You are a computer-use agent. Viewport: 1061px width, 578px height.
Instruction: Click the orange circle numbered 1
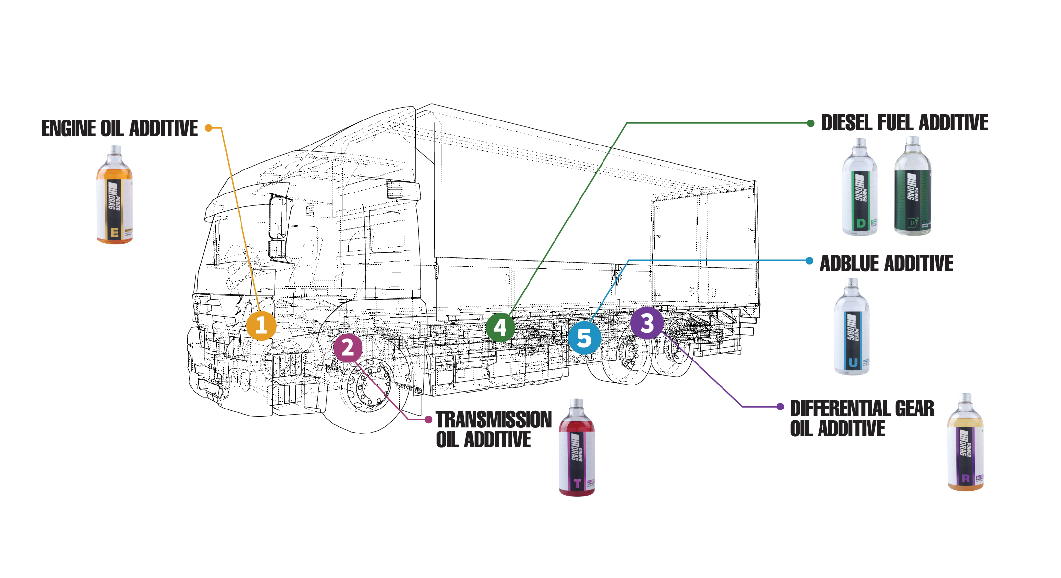[x=261, y=325]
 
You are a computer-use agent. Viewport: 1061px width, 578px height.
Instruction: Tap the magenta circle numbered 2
[x=348, y=348]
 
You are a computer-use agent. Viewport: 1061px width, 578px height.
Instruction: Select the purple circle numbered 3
[x=647, y=323]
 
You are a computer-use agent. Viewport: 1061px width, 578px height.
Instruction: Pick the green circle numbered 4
[x=500, y=327]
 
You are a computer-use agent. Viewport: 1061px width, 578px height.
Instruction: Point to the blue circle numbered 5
[x=584, y=338]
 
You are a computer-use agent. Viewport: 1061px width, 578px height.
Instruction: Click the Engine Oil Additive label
[x=120, y=128]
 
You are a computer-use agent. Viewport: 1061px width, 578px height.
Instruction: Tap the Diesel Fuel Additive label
[x=904, y=123]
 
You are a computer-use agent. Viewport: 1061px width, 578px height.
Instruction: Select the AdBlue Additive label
[x=886, y=264]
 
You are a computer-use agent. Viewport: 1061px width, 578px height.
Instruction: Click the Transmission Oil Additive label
[x=493, y=430]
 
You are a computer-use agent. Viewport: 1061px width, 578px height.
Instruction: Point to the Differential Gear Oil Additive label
[x=862, y=418]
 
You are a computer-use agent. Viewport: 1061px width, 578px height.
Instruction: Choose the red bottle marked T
[x=577, y=448]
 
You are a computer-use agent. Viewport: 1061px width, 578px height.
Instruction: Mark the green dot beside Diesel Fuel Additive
[x=811, y=123]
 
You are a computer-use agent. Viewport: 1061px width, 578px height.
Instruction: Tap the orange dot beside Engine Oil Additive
[x=208, y=128]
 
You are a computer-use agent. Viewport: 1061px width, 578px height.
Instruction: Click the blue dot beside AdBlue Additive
[x=810, y=261]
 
